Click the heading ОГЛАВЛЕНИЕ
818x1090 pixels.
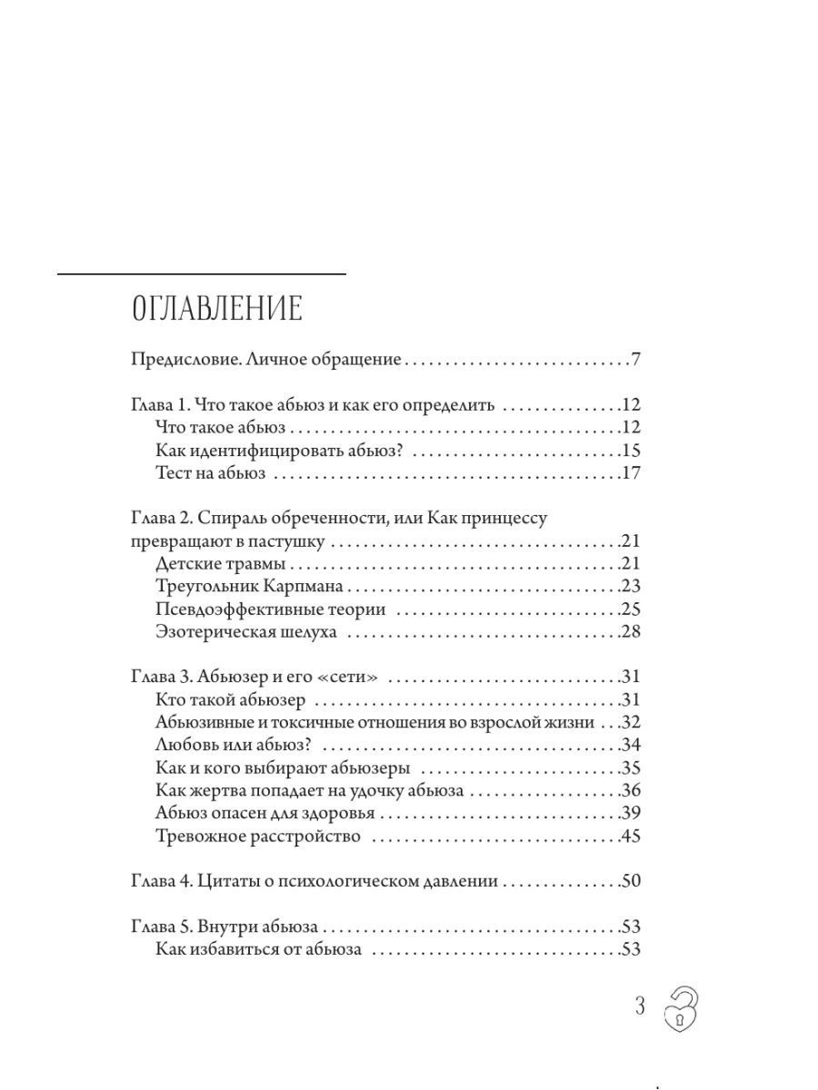(x=217, y=309)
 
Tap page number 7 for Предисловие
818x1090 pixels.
(x=636, y=360)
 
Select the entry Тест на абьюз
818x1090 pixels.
(x=210, y=473)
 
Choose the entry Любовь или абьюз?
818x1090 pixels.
(x=234, y=745)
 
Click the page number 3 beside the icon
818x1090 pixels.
(x=640, y=1006)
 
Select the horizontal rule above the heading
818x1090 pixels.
(x=202, y=273)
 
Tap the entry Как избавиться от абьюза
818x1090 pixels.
(x=259, y=949)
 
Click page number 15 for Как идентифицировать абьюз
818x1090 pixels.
(x=631, y=451)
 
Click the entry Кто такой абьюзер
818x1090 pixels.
(x=231, y=699)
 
